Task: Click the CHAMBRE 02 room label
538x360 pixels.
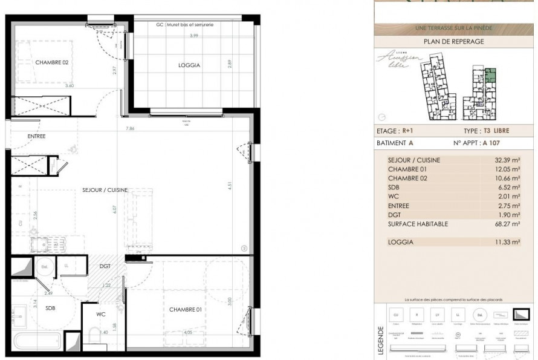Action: (51, 63)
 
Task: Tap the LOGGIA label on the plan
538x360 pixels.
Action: (189, 65)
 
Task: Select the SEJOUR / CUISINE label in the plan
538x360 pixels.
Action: (105, 190)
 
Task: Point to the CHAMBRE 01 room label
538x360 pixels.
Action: (185, 310)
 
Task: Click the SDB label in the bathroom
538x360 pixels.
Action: (50, 308)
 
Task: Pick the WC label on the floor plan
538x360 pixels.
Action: (101, 314)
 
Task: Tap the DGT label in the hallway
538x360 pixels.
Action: (106, 266)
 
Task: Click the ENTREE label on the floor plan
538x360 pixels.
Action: (36, 136)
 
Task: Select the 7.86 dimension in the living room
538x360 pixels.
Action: (130, 128)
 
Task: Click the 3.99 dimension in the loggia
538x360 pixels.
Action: (193, 36)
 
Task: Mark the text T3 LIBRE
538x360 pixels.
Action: (496, 131)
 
